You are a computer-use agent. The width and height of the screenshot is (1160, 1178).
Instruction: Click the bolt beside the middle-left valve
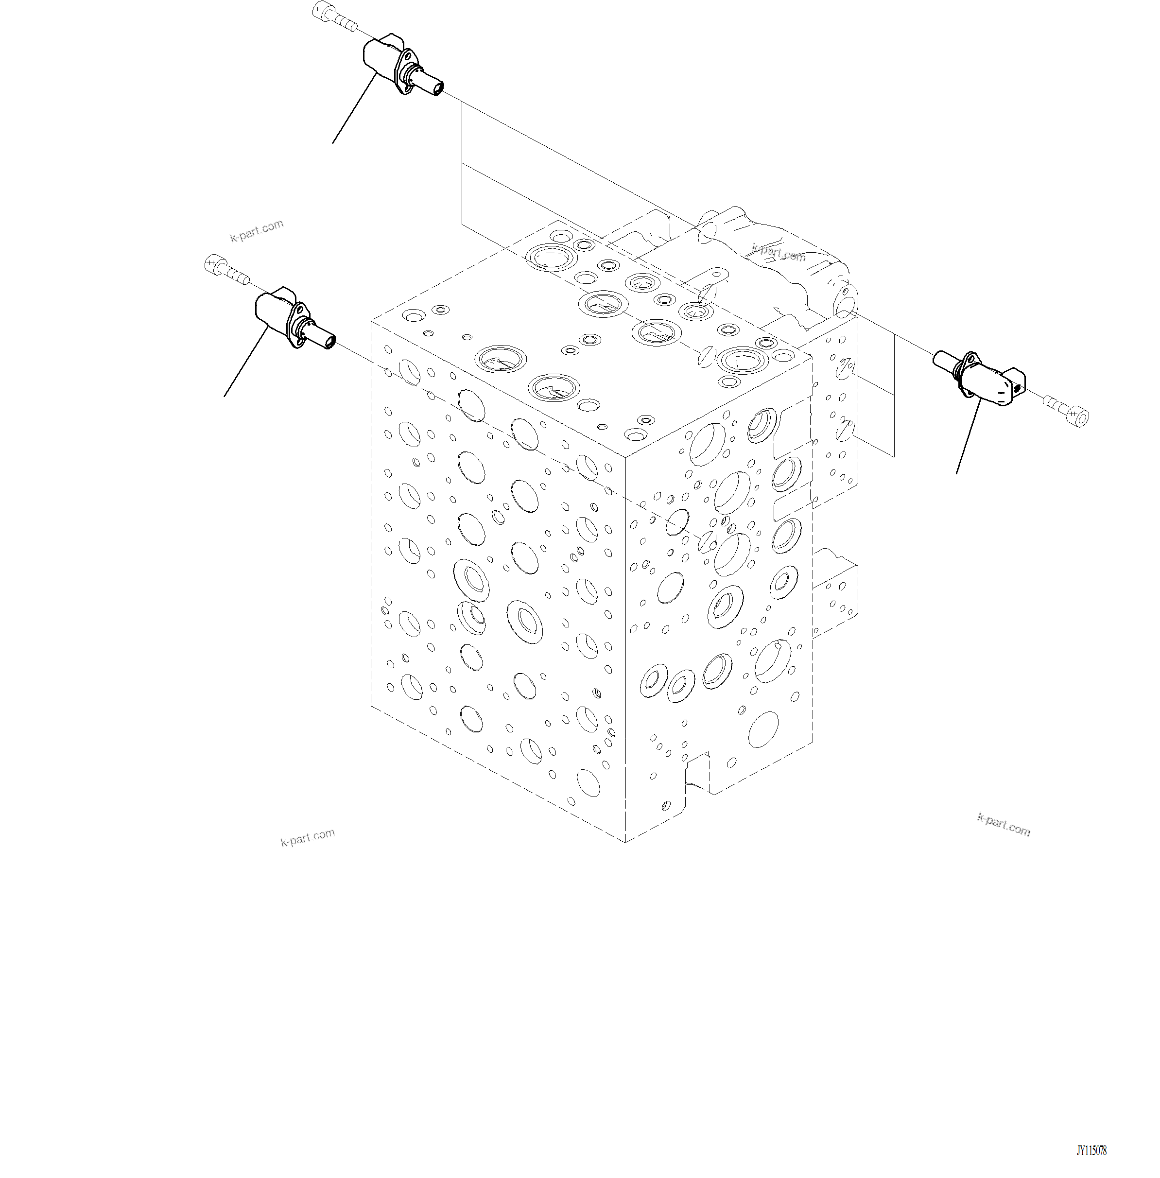[225, 270]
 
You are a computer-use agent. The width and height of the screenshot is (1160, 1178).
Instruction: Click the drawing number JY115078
[1091, 1151]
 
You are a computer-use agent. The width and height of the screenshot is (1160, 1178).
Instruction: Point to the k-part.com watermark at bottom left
[307, 837]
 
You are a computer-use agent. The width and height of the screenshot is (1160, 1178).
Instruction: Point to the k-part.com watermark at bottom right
[1004, 825]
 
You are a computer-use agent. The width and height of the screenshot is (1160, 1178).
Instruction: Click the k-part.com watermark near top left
[257, 230]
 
